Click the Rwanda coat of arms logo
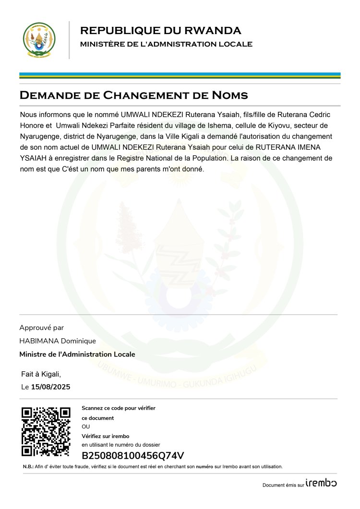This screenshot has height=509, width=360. [39, 40]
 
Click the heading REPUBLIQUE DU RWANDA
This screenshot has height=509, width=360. [160, 31]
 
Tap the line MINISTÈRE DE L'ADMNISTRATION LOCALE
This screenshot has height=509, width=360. [166, 45]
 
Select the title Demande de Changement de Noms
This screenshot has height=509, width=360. [133, 95]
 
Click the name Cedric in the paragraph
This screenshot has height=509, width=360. [318, 115]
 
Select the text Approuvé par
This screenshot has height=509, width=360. [41, 328]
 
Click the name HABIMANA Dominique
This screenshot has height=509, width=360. [58, 341]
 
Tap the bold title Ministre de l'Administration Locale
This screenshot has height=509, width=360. [77, 355]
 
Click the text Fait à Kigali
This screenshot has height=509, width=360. [41, 374]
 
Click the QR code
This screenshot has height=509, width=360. [47, 431]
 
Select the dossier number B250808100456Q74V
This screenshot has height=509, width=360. [133, 456]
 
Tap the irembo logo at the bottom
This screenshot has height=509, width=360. [321, 483]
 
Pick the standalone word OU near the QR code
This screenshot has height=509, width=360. [86, 426]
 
